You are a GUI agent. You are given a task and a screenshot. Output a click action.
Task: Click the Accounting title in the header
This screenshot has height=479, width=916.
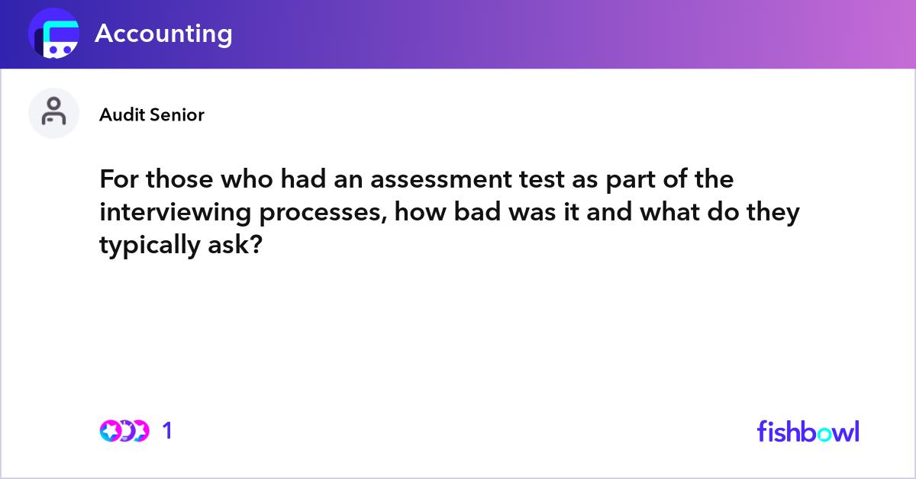(x=163, y=34)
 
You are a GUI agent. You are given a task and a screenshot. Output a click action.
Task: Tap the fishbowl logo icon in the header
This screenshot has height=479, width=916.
(x=53, y=34)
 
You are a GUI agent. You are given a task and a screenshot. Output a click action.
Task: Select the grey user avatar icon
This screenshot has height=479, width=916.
(x=53, y=113)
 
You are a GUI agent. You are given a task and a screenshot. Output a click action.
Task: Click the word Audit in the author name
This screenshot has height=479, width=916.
(x=119, y=115)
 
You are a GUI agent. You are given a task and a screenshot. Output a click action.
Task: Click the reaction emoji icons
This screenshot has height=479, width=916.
(x=124, y=431)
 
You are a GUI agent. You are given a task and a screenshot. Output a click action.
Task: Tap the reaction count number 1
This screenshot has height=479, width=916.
(x=168, y=431)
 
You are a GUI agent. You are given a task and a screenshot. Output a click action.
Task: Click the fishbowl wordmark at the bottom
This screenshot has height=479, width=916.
(x=808, y=431)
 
